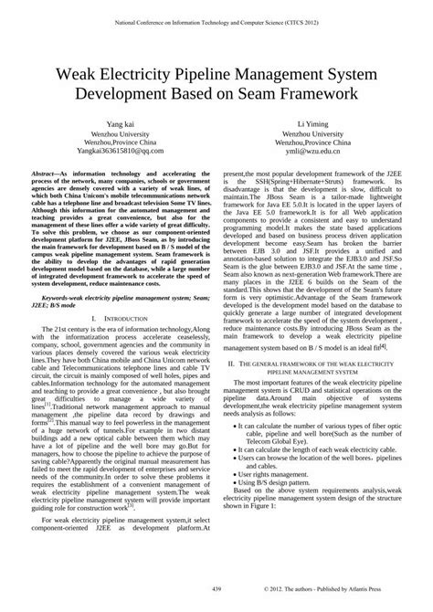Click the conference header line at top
tap(216, 18)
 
